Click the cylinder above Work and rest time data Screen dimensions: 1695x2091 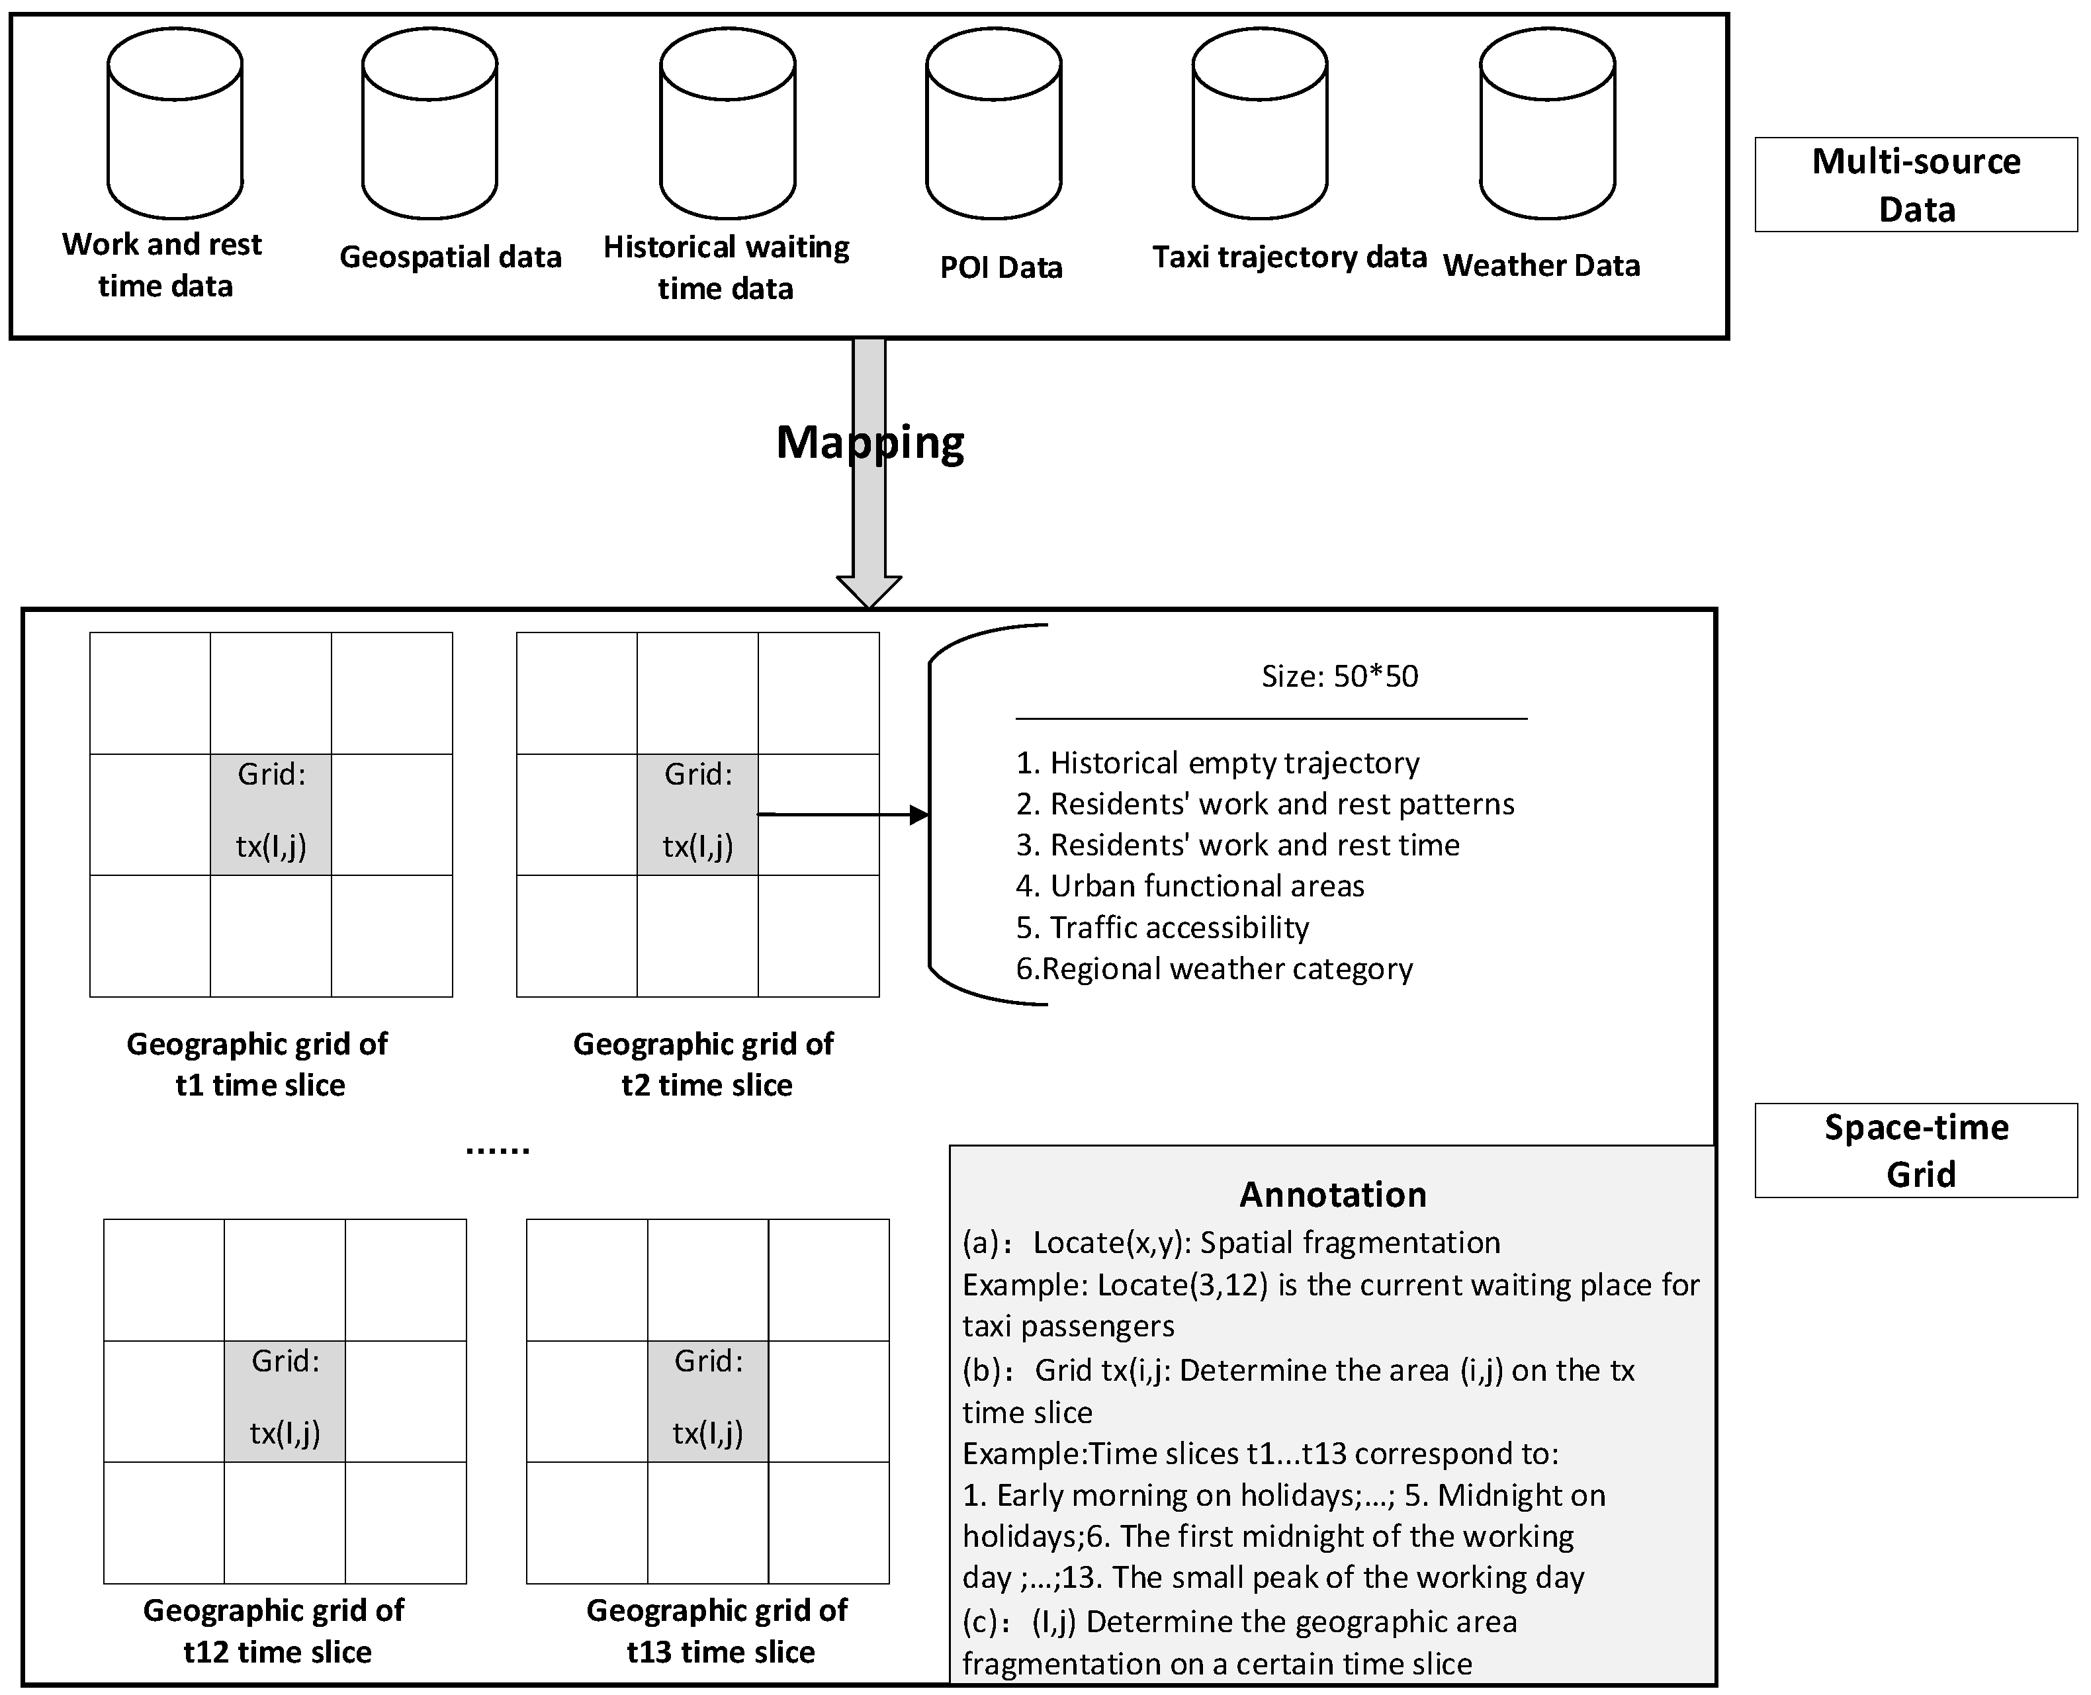[175, 124]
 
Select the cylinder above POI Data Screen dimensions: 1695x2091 [993, 124]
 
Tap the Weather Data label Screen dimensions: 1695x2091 [1541, 265]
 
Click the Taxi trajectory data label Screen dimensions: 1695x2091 [1289, 257]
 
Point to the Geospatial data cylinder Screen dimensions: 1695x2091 [429, 124]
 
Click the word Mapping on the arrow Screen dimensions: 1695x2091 [869, 443]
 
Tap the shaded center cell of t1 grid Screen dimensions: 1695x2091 [271, 814]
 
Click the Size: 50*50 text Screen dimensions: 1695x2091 [1339, 675]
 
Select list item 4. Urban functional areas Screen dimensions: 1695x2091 [1190, 886]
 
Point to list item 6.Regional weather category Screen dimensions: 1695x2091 [1214, 969]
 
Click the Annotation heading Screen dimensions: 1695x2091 [1332, 1194]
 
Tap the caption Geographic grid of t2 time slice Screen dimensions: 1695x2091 [704, 1065]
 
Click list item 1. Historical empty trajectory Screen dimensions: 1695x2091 [1217, 763]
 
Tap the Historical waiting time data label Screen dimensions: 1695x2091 [726, 267]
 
